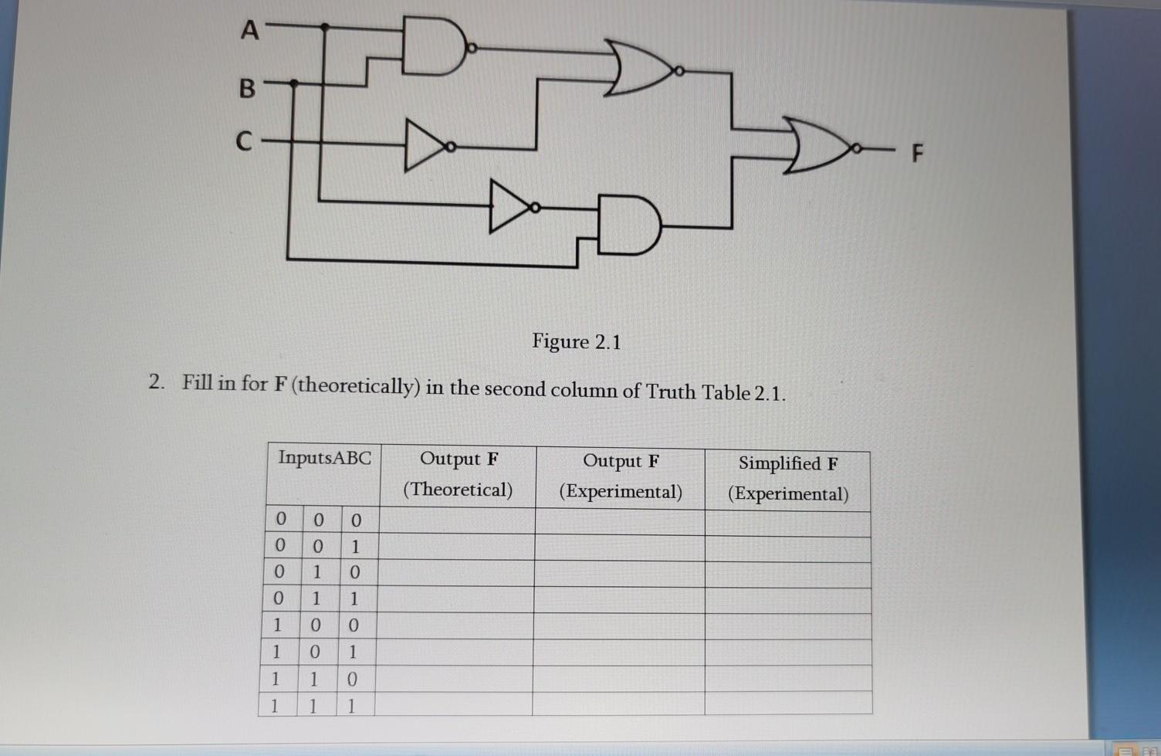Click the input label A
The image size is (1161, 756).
click(x=249, y=30)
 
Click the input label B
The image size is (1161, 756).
click(x=246, y=89)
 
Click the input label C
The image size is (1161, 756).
click(x=244, y=141)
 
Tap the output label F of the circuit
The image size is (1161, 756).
click(x=916, y=154)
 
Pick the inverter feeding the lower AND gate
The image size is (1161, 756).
click(x=512, y=206)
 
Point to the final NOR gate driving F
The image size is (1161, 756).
click(x=815, y=145)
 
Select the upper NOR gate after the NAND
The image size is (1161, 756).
click(x=639, y=69)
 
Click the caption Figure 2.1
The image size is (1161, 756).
click(x=576, y=341)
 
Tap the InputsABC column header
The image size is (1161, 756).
click(x=324, y=457)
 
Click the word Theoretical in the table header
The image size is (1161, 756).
click(x=458, y=490)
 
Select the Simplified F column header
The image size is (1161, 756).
click(x=787, y=463)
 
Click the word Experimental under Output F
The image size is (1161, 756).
click(x=621, y=492)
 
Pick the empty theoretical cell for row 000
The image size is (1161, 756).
click(x=457, y=520)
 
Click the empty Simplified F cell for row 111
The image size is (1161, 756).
click(x=787, y=703)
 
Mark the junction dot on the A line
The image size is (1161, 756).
click(x=325, y=27)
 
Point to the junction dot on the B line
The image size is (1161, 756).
click(x=293, y=83)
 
